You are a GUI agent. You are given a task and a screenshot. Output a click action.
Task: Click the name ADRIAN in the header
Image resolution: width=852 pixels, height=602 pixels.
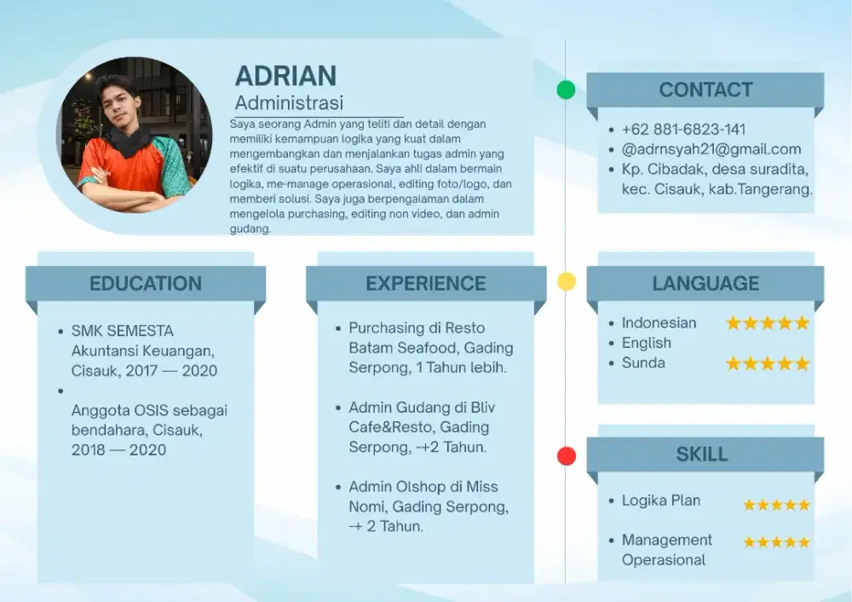click(x=285, y=76)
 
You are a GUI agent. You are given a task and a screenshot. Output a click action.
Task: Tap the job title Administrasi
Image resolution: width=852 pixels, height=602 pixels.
click(x=289, y=103)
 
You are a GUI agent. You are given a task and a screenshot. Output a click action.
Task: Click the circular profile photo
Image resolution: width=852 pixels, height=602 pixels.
click(x=135, y=135)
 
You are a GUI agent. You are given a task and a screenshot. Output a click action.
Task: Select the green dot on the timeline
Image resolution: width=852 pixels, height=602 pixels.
click(x=567, y=90)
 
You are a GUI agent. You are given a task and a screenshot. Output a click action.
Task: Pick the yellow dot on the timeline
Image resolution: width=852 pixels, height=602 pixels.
click(x=567, y=281)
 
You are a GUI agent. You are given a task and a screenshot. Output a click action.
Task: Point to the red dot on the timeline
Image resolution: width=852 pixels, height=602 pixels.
click(x=567, y=455)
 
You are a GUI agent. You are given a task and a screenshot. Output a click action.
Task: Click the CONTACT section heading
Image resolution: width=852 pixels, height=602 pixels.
click(x=705, y=90)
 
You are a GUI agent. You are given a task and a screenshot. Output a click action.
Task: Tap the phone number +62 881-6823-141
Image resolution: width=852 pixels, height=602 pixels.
click(x=683, y=130)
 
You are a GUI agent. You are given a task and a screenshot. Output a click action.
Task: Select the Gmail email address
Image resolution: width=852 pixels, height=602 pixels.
click(x=711, y=149)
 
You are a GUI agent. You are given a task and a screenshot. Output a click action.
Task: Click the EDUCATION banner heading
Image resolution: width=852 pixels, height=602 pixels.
click(x=146, y=283)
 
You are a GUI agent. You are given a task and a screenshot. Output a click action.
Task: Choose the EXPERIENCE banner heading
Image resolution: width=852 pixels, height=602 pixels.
click(x=426, y=283)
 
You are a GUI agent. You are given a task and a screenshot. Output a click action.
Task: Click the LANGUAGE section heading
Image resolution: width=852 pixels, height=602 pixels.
click(x=705, y=283)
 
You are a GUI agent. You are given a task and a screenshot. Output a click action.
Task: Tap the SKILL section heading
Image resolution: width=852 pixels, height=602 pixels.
click(x=702, y=454)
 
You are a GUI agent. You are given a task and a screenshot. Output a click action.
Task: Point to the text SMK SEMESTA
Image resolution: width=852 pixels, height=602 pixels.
click(x=123, y=331)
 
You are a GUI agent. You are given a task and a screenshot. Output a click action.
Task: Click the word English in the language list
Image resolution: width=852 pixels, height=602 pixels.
click(x=647, y=343)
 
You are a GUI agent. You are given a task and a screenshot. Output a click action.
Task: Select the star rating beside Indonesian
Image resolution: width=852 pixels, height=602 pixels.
click(x=768, y=323)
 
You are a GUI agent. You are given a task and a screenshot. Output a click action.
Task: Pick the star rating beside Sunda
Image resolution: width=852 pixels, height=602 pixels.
click(x=768, y=363)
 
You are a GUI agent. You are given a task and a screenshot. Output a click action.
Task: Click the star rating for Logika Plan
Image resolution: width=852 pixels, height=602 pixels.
click(x=777, y=505)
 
